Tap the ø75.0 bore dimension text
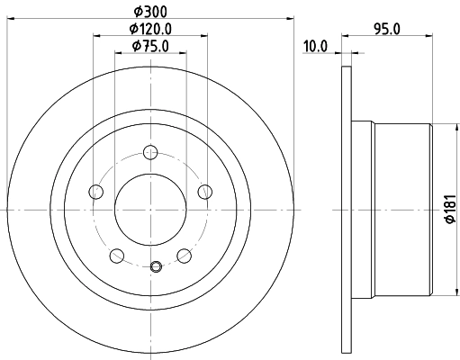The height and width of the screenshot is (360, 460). [x=150, y=46]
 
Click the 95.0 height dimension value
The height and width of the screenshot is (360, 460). [x=388, y=28]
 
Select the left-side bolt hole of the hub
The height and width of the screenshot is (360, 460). [x=95, y=190]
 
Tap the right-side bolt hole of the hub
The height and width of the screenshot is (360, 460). [x=205, y=190]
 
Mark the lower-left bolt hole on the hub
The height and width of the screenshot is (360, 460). [x=116, y=255]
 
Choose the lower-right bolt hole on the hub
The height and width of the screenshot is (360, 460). [x=185, y=255]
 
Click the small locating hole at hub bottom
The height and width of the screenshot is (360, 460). [x=155, y=265]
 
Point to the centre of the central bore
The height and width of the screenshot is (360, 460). [x=150, y=209]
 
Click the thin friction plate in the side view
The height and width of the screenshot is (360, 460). [x=346, y=209]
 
